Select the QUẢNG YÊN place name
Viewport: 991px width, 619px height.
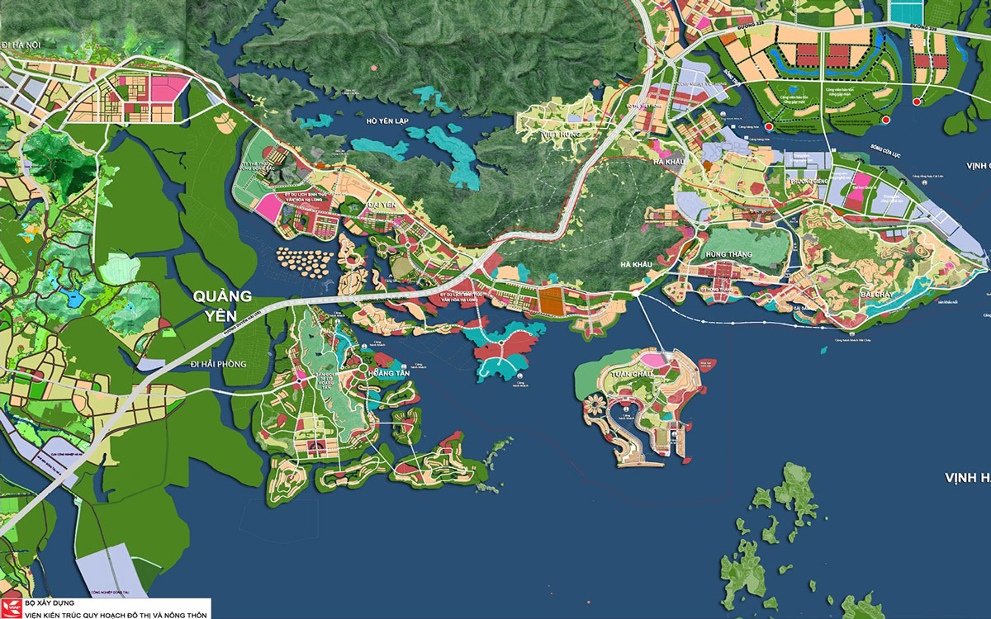pyautogui.click(x=222, y=304)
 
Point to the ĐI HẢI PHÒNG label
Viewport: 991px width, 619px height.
pyautogui.click(x=218, y=364)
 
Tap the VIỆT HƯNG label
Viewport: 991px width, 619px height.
pyautogui.click(x=562, y=133)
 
